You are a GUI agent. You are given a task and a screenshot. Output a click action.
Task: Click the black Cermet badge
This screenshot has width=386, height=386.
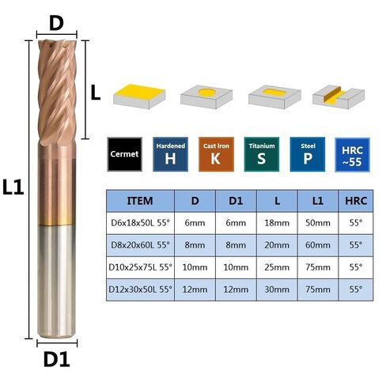(x=125, y=154)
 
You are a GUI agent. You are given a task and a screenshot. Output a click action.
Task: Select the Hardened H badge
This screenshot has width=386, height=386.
(x=170, y=154)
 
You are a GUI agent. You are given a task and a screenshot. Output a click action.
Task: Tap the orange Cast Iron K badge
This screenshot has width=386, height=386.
(x=216, y=154)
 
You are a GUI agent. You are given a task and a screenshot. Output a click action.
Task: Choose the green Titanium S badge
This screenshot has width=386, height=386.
(x=262, y=154)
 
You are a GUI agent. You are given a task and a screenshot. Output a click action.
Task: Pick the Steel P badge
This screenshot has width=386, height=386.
(x=308, y=154)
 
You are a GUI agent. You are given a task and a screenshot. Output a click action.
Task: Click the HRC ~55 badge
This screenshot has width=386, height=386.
(x=352, y=155)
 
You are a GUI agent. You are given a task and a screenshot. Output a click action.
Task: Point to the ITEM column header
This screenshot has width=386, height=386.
(x=140, y=201)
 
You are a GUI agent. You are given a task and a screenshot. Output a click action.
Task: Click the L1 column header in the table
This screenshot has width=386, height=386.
(x=318, y=201)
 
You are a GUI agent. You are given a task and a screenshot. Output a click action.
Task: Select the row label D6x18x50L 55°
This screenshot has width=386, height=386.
(x=140, y=223)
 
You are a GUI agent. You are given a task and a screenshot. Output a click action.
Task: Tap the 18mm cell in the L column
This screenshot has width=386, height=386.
(x=277, y=223)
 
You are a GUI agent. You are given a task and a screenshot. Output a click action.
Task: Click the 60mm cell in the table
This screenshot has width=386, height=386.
(x=318, y=245)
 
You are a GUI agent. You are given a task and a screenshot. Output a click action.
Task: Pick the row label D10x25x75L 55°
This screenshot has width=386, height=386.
(x=140, y=267)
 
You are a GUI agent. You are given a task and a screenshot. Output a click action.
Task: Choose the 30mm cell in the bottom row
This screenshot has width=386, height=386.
(x=277, y=289)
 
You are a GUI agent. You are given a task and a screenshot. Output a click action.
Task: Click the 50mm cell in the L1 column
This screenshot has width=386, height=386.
(x=318, y=223)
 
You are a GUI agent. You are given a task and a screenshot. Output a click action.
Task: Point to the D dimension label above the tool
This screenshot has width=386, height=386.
(x=56, y=23)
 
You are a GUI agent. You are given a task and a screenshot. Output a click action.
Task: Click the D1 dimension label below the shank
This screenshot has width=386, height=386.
(x=56, y=359)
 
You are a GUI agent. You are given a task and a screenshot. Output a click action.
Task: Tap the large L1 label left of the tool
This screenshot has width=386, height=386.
(x=13, y=187)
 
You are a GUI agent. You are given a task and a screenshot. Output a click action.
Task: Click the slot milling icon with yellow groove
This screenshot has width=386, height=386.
(x=339, y=97)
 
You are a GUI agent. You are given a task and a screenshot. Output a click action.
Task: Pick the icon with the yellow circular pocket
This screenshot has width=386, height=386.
(x=206, y=97)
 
